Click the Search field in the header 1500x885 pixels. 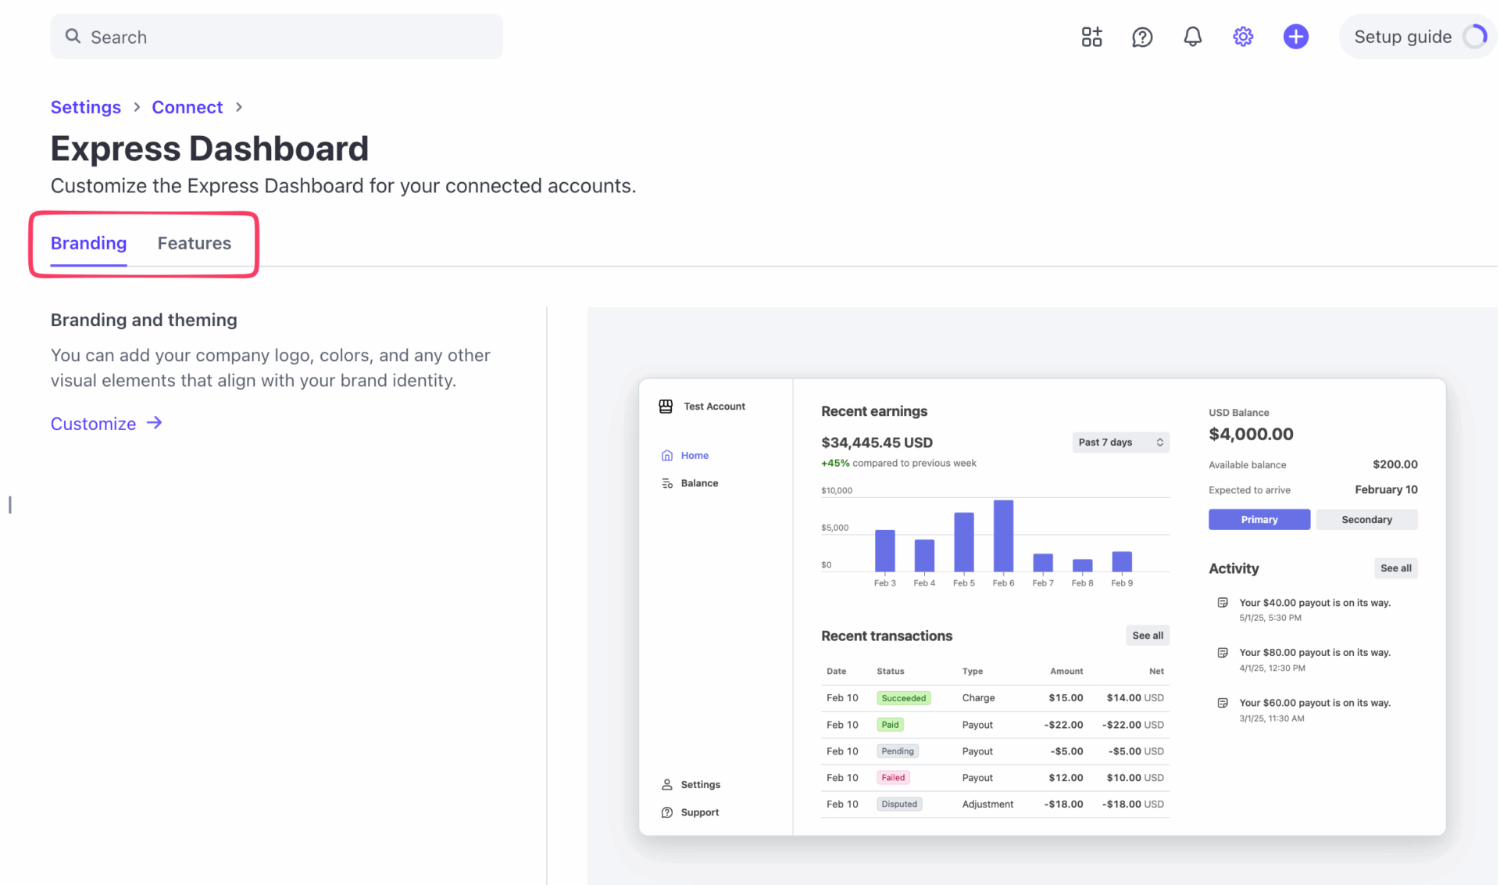click(277, 37)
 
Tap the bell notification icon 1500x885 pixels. click(1192, 37)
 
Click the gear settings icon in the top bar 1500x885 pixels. click(1243, 37)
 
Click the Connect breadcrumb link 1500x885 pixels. click(187, 107)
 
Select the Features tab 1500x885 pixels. click(194, 243)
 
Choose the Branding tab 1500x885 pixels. click(88, 243)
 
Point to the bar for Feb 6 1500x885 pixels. click(1003, 536)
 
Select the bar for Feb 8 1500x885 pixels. click(1082, 565)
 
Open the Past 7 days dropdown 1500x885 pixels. click(1120, 442)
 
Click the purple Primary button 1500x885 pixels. click(1259, 520)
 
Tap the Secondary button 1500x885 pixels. click(1366, 520)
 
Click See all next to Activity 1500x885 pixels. click(1395, 568)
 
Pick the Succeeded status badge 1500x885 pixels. click(903, 698)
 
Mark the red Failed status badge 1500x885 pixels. click(893, 778)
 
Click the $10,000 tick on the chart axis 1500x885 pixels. click(836, 491)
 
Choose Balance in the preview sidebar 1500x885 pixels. click(698, 483)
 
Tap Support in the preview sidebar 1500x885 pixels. click(699, 812)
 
